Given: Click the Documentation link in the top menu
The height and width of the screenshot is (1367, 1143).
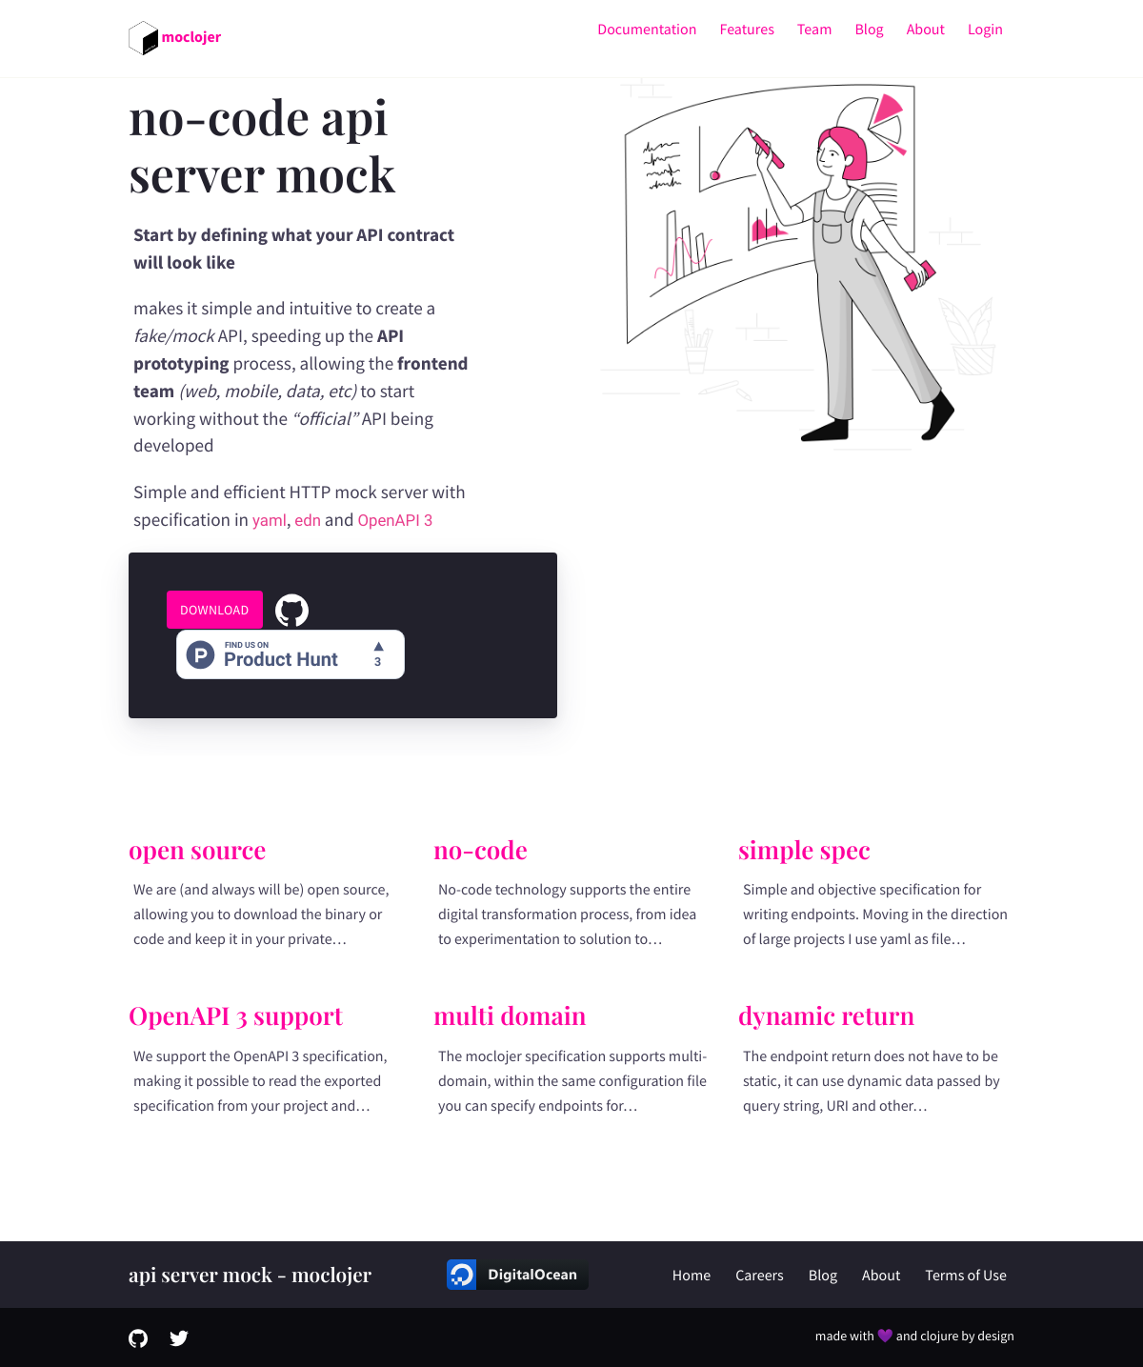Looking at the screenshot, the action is [x=647, y=30].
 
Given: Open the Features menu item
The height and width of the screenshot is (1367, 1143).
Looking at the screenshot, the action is [x=747, y=30].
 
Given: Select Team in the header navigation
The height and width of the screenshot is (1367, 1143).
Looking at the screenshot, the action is [x=813, y=30].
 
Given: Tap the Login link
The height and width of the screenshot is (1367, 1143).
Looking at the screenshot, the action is [x=985, y=30].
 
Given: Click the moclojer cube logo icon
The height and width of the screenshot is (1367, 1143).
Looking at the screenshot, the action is [x=144, y=38].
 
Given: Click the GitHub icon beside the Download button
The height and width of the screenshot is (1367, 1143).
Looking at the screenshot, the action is [x=291, y=611].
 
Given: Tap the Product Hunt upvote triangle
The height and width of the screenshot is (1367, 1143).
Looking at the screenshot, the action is [x=378, y=646].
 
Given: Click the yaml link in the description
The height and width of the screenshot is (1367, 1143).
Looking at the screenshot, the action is [x=269, y=520].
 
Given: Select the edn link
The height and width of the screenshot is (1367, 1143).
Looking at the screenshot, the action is [x=308, y=520].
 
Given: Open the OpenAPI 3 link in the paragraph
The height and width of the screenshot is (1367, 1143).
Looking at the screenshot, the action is [x=394, y=520].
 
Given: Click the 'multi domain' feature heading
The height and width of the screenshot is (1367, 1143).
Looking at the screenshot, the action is [x=510, y=1015].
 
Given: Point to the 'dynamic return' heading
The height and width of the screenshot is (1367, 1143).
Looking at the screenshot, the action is [x=826, y=1016].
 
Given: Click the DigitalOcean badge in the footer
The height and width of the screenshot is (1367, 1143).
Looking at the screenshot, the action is [x=517, y=1275].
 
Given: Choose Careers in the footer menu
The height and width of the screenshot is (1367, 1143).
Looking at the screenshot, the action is [x=759, y=1276].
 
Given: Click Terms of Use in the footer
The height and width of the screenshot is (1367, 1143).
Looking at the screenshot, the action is [x=965, y=1276].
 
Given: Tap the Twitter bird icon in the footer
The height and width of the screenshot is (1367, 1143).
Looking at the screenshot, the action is [x=179, y=1337].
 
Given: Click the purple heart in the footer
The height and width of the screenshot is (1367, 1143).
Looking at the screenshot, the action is [x=885, y=1336].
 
